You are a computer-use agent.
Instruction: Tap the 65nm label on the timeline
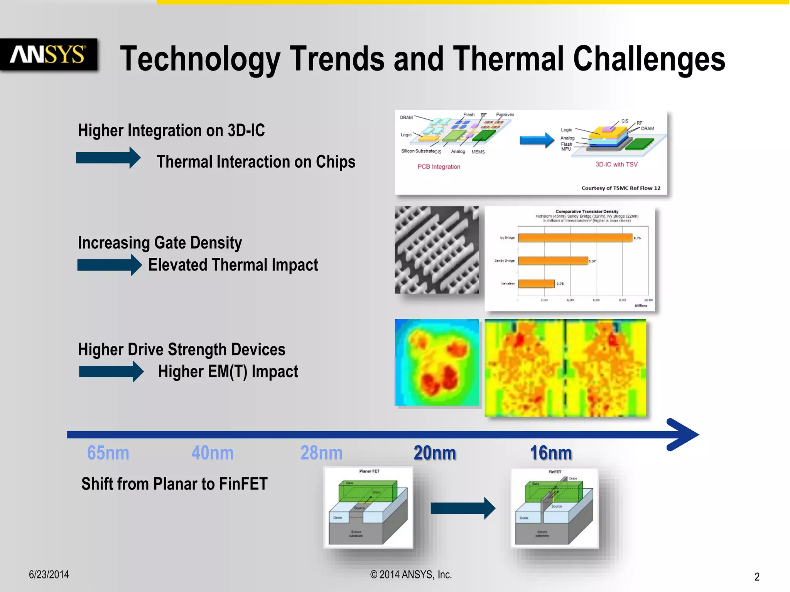click(108, 453)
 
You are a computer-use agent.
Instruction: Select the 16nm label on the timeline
click(551, 453)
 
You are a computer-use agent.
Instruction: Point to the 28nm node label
click(321, 453)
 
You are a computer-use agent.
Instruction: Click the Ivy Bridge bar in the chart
click(575, 238)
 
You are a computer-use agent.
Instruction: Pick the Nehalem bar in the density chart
click(536, 284)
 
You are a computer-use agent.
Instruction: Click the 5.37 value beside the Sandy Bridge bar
click(592, 261)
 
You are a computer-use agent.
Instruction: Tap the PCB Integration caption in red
click(439, 166)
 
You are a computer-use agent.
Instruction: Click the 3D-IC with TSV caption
click(616, 165)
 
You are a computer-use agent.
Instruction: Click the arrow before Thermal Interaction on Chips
click(108, 158)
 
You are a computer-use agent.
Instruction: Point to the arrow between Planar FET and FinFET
click(463, 508)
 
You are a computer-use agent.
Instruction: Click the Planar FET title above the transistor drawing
click(369, 471)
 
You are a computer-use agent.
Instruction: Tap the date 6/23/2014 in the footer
click(49, 575)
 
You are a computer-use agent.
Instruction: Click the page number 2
click(757, 577)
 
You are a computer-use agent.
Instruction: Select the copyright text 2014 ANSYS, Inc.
click(411, 575)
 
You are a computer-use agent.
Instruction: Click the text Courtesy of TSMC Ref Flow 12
click(621, 188)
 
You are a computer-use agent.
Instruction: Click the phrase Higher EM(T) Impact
click(228, 372)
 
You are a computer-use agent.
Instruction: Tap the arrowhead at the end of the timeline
click(685, 434)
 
